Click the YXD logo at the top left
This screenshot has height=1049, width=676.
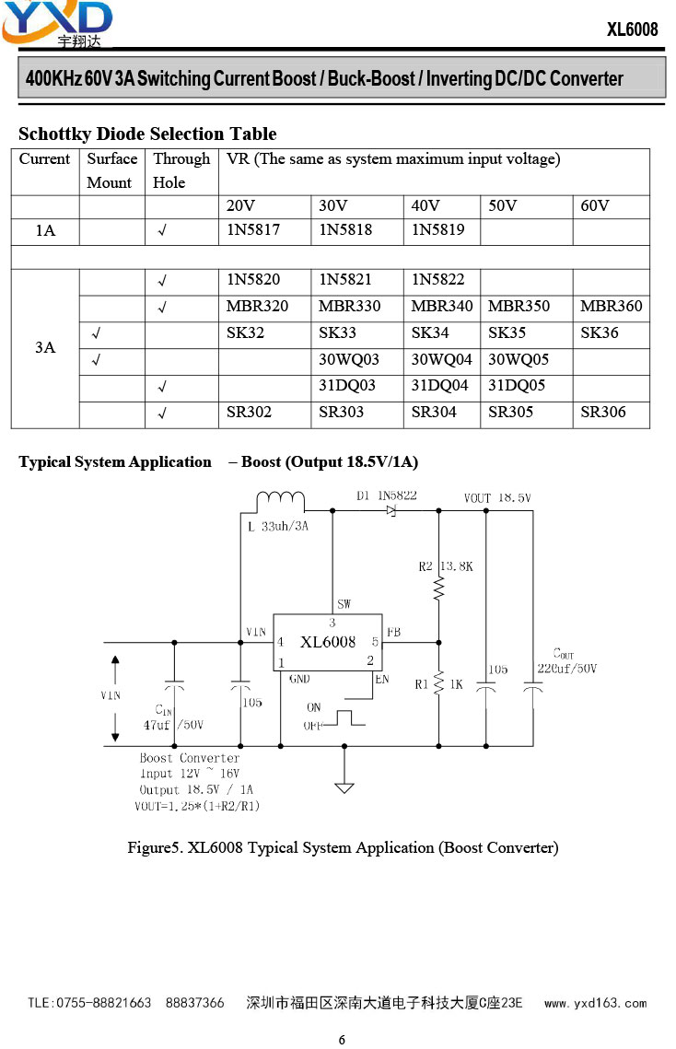coord(57,24)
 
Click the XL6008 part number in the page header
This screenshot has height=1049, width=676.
coord(632,29)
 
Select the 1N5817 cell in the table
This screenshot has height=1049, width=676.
coord(253,230)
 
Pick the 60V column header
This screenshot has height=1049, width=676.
coord(595,205)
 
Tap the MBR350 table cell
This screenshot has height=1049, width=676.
coord(519,307)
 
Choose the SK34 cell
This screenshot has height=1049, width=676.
coord(430,333)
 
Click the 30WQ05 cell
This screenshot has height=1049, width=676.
coord(518,360)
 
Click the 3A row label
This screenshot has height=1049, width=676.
coord(45,347)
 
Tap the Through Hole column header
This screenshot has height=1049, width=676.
coord(181,170)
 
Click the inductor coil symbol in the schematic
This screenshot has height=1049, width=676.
coord(281,499)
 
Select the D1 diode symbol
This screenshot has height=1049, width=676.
coord(391,510)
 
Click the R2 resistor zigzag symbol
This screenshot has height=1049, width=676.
coord(439,589)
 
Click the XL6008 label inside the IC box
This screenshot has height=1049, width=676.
coord(328,642)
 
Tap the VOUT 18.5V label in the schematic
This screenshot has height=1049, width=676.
coord(497,497)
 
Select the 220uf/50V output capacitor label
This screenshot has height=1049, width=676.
coord(567,669)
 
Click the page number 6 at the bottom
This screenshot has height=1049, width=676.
coord(342,1040)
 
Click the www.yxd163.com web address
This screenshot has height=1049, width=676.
coord(596,1003)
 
